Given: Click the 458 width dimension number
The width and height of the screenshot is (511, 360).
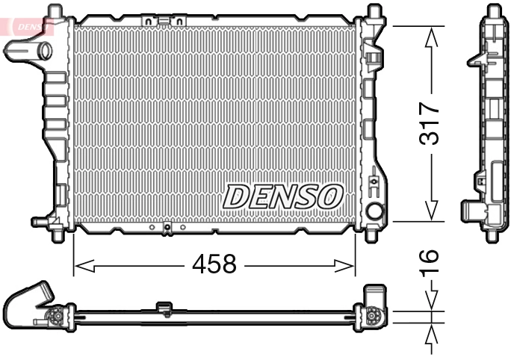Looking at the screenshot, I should (214, 264).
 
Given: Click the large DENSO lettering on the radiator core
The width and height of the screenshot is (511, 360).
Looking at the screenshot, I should (283, 196).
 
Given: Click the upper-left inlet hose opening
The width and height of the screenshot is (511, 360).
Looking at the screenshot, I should (43, 51).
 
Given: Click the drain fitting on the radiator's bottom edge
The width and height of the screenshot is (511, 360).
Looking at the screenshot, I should (167, 228).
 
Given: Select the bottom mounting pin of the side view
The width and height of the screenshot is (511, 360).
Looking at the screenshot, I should (492, 235).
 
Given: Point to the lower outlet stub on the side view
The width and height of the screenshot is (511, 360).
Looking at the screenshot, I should (470, 210).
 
